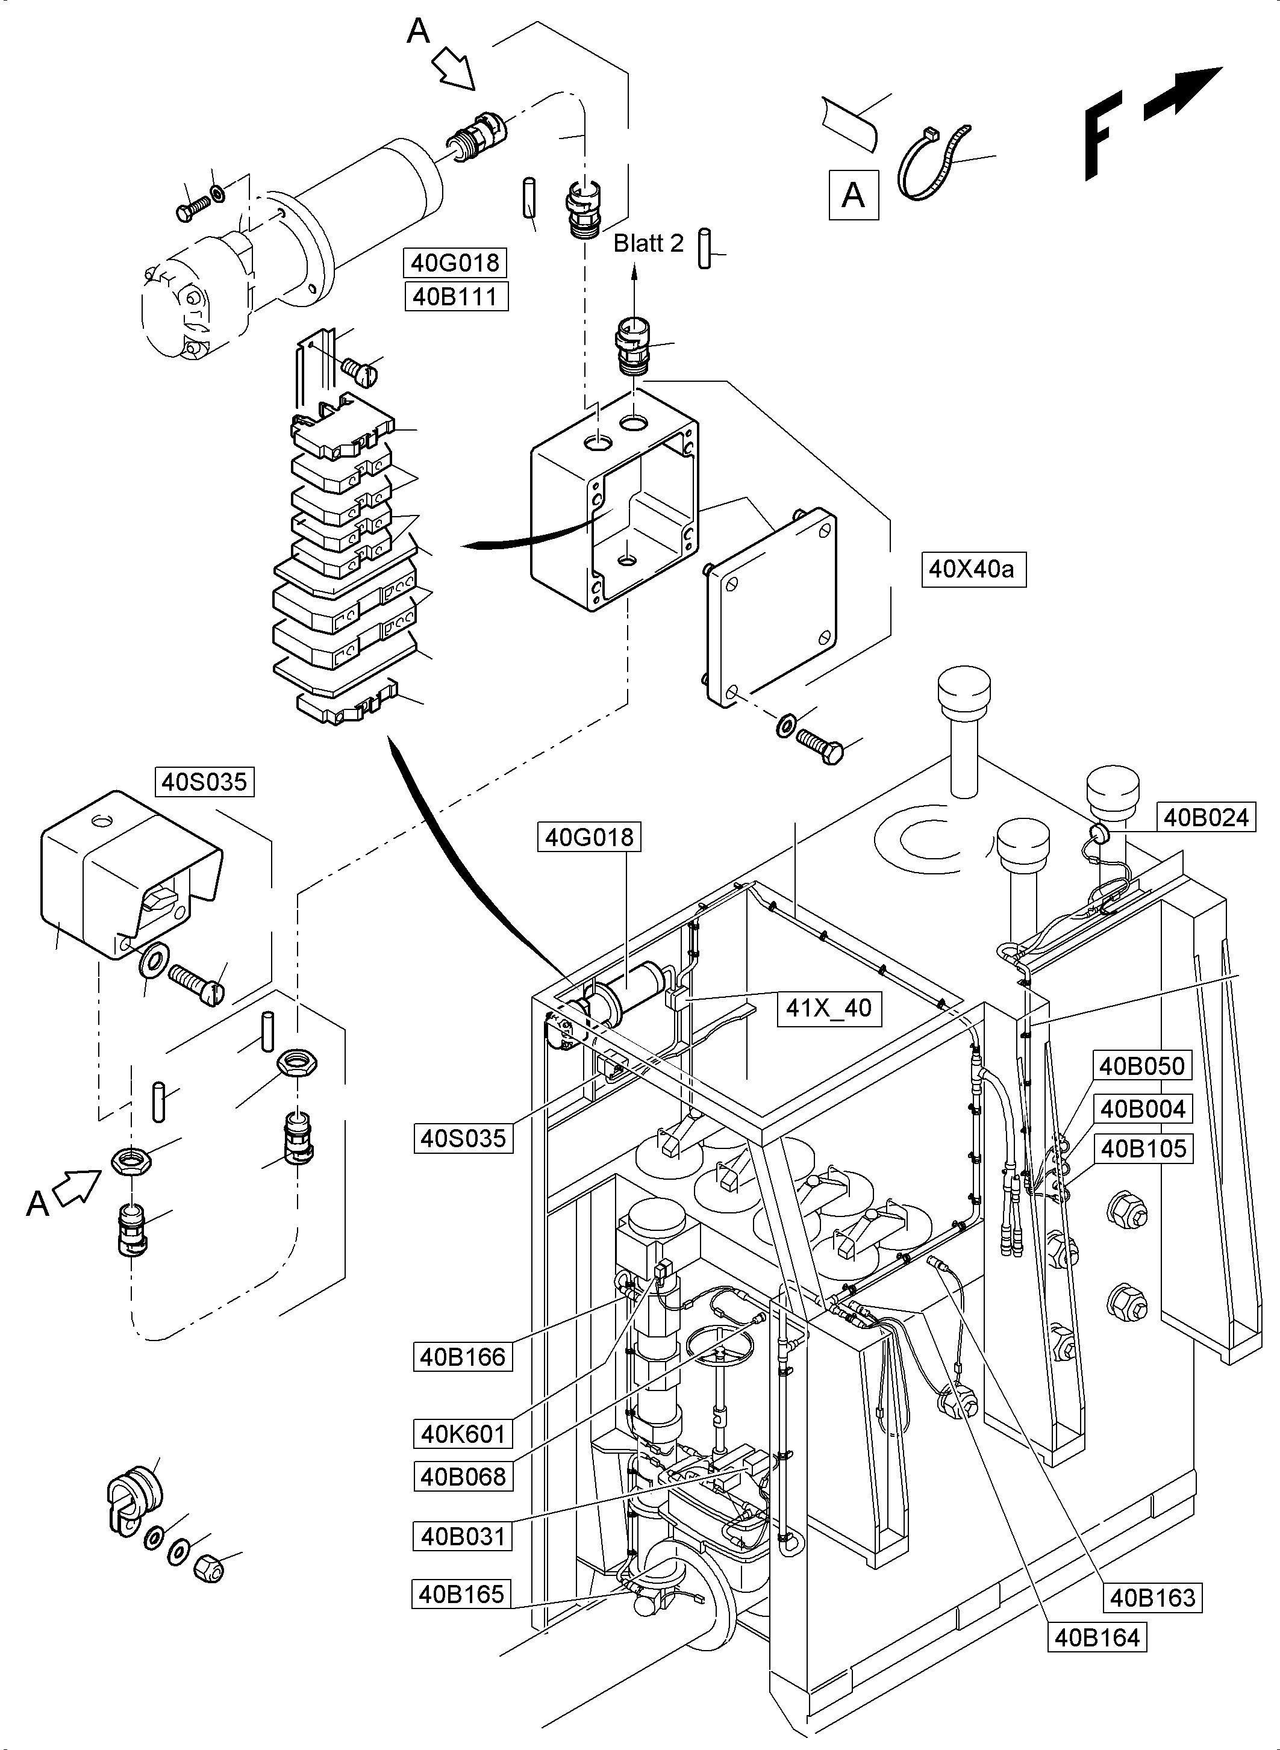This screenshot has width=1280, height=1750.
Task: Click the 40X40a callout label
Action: pyautogui.click(x=973, y=570)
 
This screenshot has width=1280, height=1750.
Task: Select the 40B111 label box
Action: pyautogui.click(x=455, y=297)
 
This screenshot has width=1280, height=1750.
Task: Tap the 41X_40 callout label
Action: pyautogui.click(x=828, y=1008)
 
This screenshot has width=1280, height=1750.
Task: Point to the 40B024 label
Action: pyautogui.click(x=1206, y=817)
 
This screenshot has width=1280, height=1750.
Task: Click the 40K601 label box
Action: pyautogui.click(x=463, y=1434)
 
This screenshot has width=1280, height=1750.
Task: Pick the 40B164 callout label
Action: pyautogui.click(x=1097, y=1637)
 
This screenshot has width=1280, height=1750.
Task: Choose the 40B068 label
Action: pyautogui.click(x=463, y=1477)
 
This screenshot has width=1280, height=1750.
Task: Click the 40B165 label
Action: pyautogui.click(x=461, y=1594)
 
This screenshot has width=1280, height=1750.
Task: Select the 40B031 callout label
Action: pyautogui.click(x=463, y=1536)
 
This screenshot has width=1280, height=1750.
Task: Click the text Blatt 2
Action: pyautogui.click(x=649, y=243)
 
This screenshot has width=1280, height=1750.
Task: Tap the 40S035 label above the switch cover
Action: pyautogui.click(x=205, y=782)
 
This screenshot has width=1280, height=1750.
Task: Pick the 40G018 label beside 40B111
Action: pyautogui.click(x=455, y=263)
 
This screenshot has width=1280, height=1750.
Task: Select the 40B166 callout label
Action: pyautogui.click(x=463, y=1357)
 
